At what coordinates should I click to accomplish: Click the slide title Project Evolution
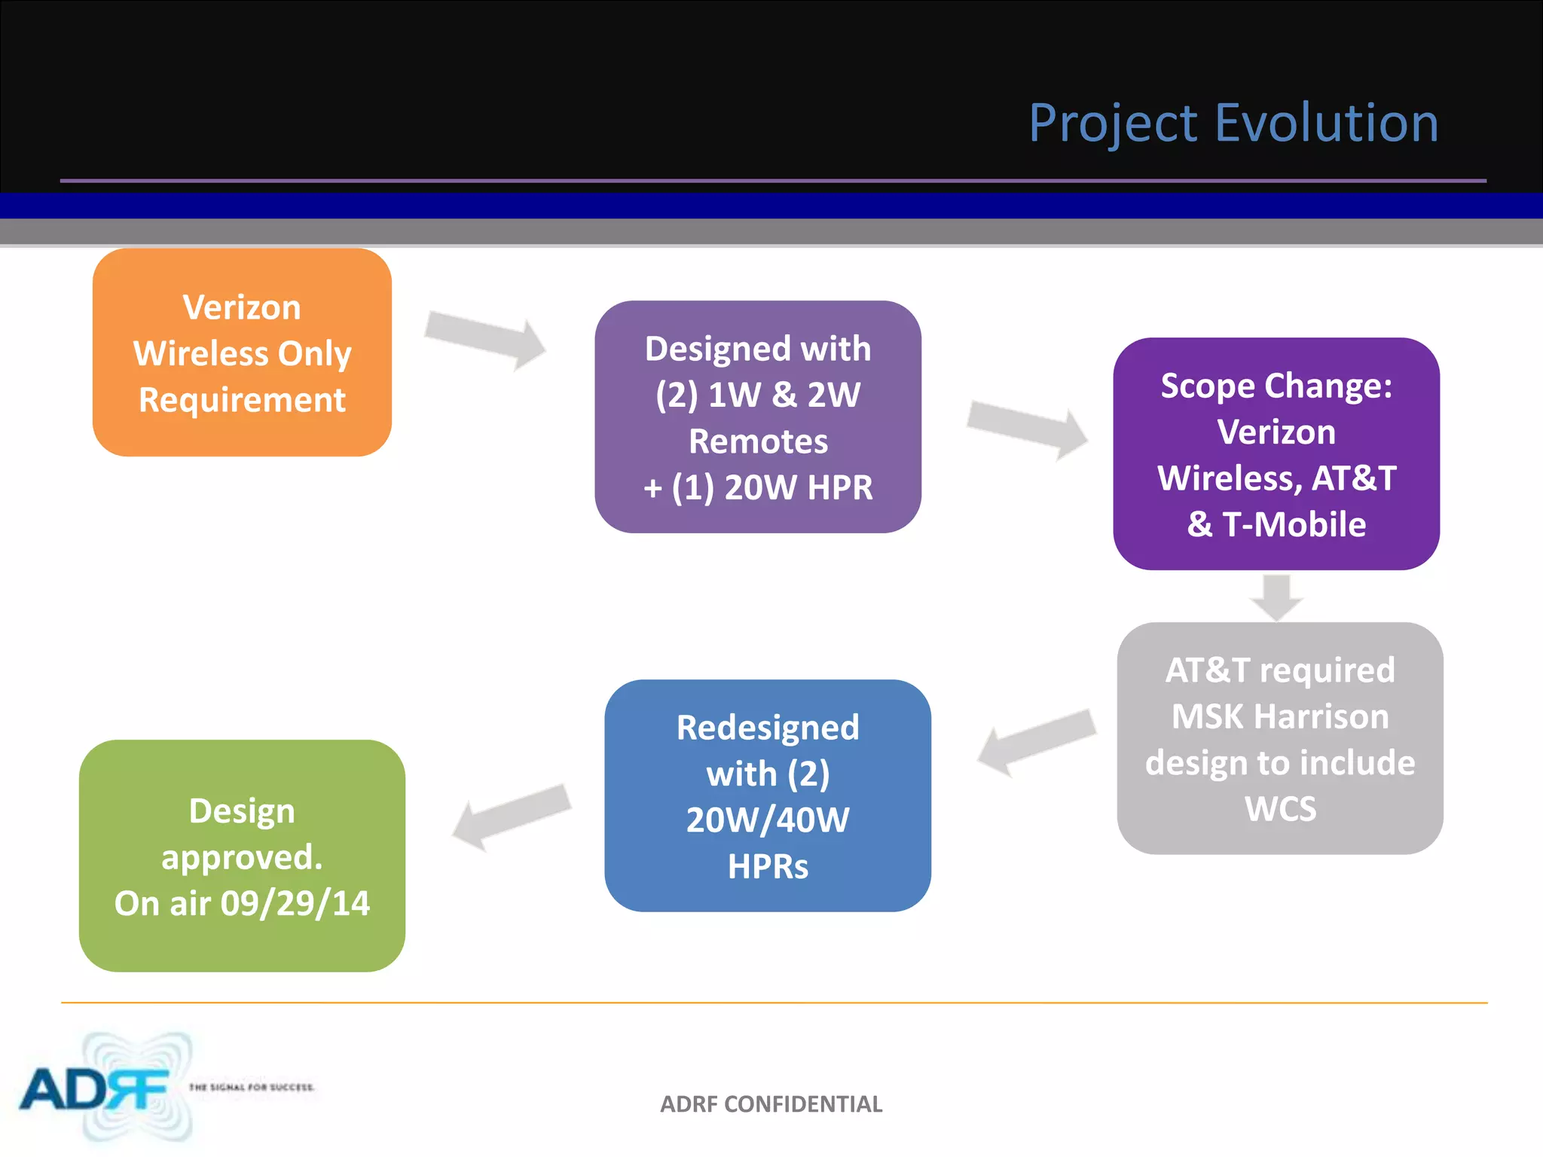click(x=1233, y=123)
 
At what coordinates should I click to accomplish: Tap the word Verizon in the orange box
click(x=242, y=307)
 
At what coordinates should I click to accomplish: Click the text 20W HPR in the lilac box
click(x=798, y=487)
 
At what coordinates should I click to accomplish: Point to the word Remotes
click(x=758, y=441)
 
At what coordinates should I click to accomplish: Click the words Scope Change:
click(x=1276, y=386)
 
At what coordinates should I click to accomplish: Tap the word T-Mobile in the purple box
click(x=1294, y=524)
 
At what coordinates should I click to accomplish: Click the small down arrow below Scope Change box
click(x=1276, y=597)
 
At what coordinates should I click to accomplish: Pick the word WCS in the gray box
click(x=1280, y=809)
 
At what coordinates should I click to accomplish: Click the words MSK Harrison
click(x=1280, y=716)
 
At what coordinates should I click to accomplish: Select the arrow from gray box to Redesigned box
click(x=1037, y=741)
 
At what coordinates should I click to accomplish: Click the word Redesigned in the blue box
click(x=768, y=728)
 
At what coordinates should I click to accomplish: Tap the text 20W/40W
click(x=768, y=820)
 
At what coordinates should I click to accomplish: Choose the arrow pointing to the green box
click(x=512, y=817)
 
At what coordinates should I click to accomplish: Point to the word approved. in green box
click(x=242, y=857)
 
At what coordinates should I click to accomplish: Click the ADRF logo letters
click(x=94, y=1089)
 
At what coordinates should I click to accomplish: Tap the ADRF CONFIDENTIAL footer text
click(x=771, y=1104)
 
